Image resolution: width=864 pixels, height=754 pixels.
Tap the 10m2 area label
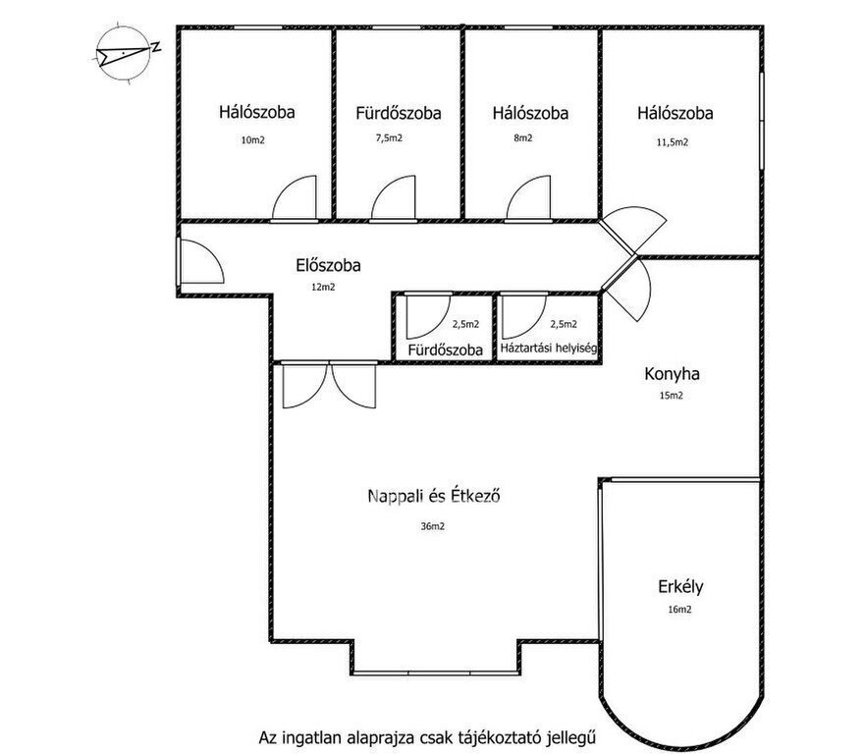tap(253, 140)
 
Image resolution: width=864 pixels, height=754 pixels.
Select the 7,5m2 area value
tap(389, 137)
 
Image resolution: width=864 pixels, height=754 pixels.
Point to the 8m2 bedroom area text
tap(523, 137)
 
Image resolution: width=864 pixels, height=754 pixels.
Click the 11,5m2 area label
tap(673, 142)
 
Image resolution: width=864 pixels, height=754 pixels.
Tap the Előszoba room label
tap(328, 265)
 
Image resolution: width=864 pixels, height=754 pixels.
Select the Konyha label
tap(672, 374)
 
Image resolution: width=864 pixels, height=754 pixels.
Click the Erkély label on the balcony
tap(680, 586)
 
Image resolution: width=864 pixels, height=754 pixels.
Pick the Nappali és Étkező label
tap(434, 496)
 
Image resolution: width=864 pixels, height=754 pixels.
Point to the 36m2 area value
tap(433, 526)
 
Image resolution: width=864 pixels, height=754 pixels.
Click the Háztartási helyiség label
tap(549, 349)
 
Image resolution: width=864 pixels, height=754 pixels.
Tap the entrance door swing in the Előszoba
tap(201, 261)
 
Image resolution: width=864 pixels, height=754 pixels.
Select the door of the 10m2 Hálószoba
tap(295, 198)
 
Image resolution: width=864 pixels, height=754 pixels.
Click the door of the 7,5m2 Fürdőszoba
tap(393, 198)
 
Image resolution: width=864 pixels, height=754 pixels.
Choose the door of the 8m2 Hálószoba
tap(528, 198)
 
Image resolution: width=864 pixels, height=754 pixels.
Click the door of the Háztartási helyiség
tap(524, 316)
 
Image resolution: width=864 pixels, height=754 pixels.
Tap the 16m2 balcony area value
tap(679, 610)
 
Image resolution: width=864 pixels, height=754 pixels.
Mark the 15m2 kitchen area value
tap(672, 396)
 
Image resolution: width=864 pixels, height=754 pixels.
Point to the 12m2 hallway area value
tap(323, 287)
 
